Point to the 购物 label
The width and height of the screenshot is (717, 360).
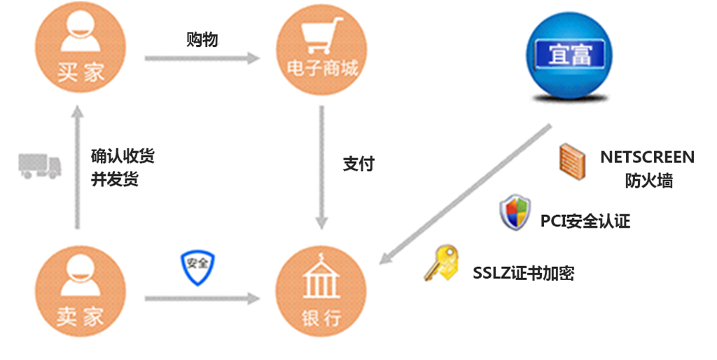coord(202,39)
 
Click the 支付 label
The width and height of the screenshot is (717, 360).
coord(358,165)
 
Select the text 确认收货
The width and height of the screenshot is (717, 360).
coord(123,155)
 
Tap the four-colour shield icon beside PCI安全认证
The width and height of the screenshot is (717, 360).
coord(514,214)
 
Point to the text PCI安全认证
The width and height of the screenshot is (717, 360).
coord(585,222)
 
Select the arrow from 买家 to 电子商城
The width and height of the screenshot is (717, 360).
coord(202,59)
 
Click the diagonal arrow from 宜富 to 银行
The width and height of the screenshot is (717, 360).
coord(466,194)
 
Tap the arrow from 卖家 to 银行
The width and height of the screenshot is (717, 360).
coord(202,299)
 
